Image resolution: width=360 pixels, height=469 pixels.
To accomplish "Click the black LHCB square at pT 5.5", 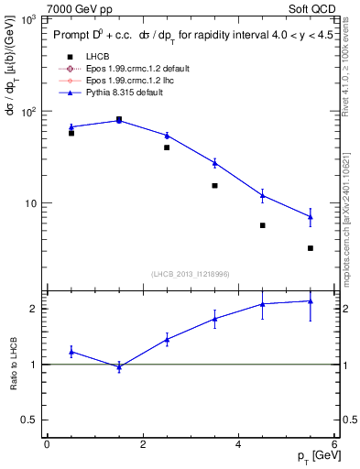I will point(311,248).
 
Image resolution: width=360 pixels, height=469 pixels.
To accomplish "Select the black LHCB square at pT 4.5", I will point(263,225).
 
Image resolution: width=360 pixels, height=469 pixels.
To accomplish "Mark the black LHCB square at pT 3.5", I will point(214,186).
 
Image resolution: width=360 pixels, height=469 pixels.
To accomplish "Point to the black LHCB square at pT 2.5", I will point(167,147).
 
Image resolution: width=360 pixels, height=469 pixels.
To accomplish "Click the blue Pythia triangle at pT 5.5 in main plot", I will point(311,217).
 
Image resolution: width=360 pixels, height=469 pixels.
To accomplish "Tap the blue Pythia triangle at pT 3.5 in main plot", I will point(214,163).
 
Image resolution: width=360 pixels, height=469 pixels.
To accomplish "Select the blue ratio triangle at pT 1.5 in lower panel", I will point(119,366).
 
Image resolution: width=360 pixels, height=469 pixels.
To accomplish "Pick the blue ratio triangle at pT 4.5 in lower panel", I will point(263,304).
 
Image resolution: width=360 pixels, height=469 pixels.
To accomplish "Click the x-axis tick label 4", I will point(239,443).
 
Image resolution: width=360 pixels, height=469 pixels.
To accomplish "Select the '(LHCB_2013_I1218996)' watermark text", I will point(190,274).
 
